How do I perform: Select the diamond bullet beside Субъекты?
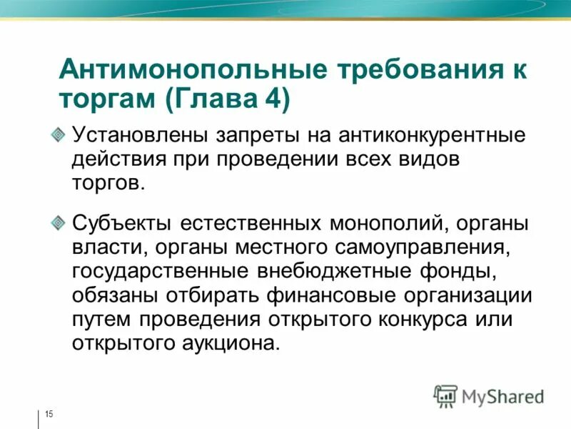(60, 223)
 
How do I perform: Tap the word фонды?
(457, 271)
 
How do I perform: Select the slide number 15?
(49, 415)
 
